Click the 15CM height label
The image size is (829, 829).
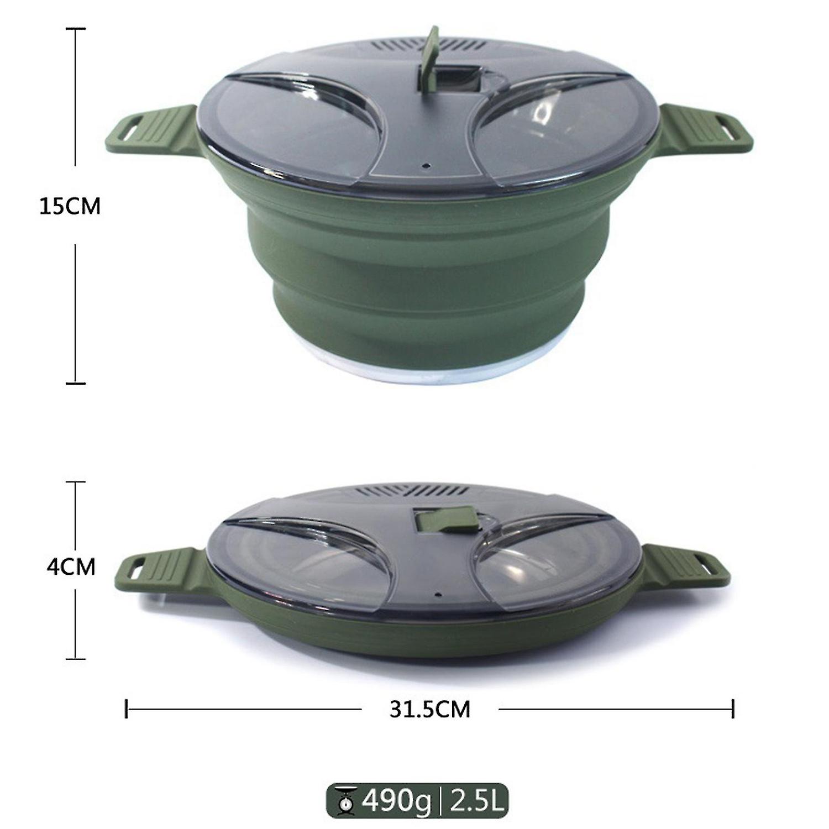pyautogui.click(x=70, y=206)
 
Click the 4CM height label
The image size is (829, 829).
pyautogui.click(x=71, y=567)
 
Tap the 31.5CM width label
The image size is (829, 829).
pyautogui.click(x=429, y=709)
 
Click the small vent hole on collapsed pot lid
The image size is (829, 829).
pyautogui.click(x=437, y=596)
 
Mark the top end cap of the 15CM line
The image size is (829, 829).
pyautogui.click(x=76, y=29)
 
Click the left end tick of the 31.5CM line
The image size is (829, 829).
pyautogui.click(x=127, y=709)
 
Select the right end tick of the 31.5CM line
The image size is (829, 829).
pyautogui.click(x=733, y=709)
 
